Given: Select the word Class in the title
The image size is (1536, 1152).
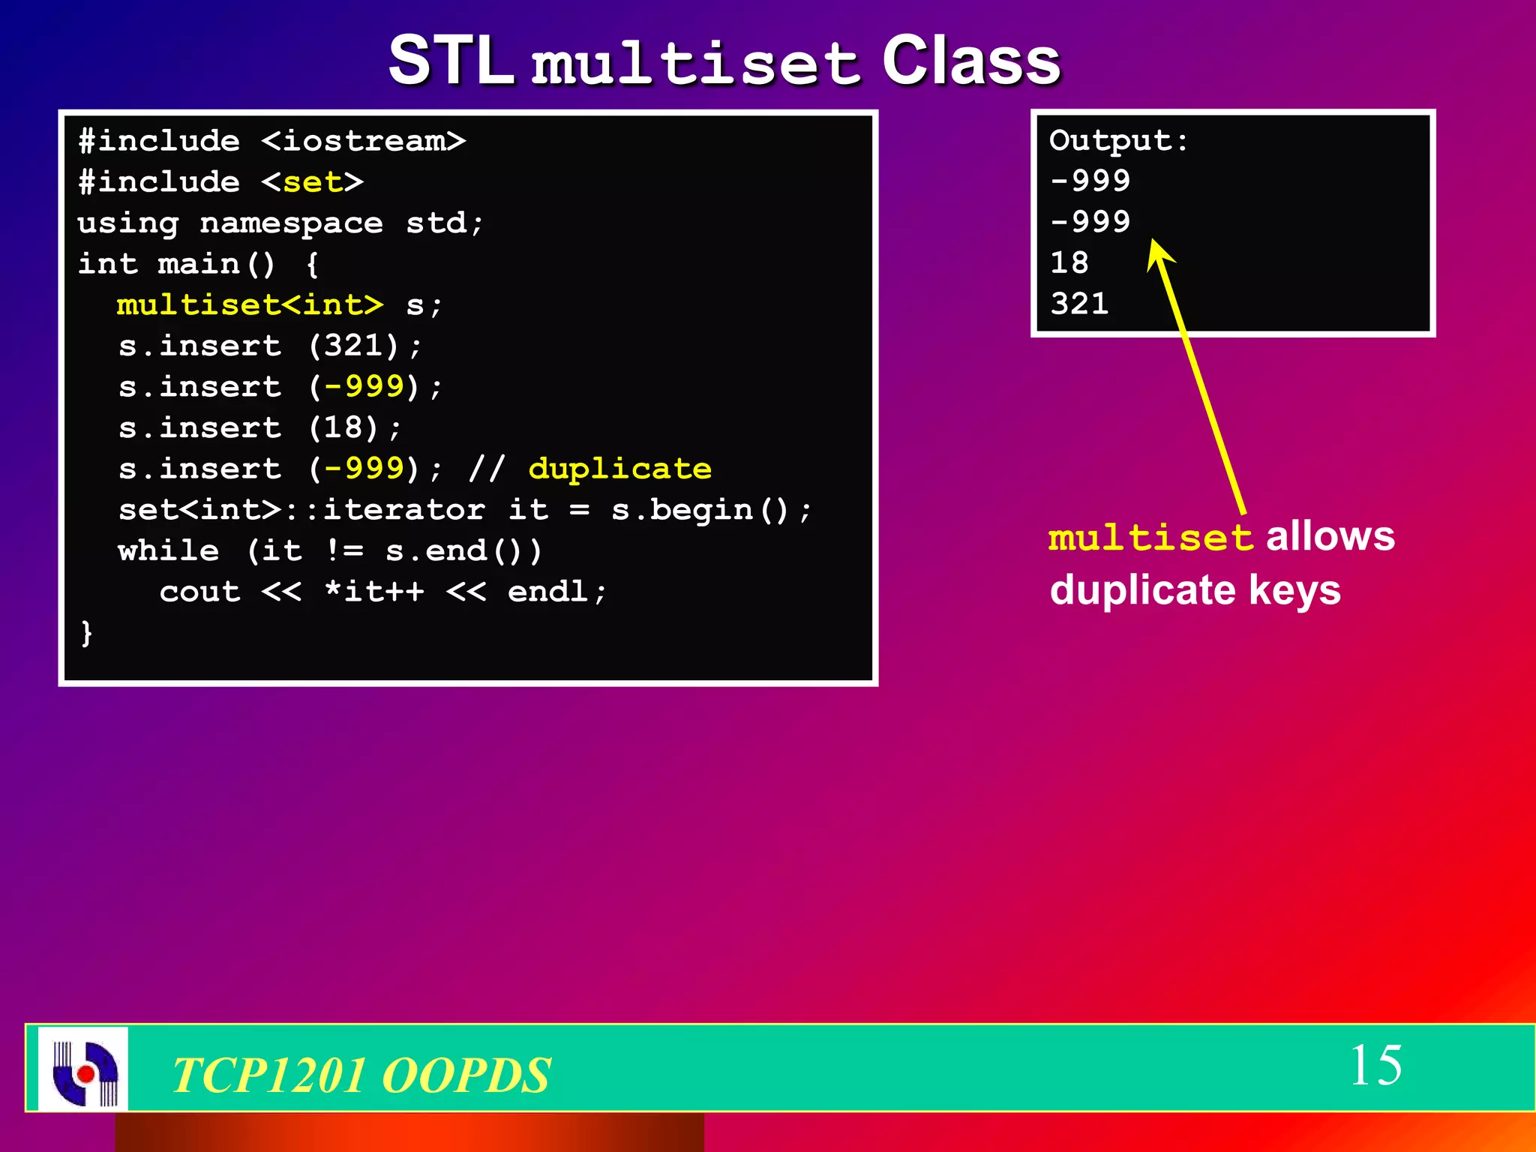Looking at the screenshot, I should coord(970,61).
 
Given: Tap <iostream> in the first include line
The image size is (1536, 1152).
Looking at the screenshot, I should coord(364,141).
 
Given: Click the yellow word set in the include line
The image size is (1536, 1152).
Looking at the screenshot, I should coord(313,182).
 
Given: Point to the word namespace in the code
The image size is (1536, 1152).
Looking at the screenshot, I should coord(291,223).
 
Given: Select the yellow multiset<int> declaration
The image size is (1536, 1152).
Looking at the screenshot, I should coord(250,305).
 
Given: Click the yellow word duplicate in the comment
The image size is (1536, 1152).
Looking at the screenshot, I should coord(619,469).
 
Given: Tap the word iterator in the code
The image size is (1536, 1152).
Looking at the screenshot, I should coord(403,510).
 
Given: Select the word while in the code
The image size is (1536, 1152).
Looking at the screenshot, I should coord(169,551).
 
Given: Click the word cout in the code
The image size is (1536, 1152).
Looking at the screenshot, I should coord(199,592).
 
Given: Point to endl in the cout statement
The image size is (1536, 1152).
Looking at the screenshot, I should coord(547,592).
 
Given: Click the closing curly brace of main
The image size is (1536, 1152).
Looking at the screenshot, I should coord(87,632).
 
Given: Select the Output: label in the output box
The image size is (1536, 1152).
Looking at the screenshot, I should coord(1118,141).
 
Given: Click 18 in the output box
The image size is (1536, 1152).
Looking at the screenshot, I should coord(1069,263).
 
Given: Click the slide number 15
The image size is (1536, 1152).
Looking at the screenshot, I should coord(1375,1065).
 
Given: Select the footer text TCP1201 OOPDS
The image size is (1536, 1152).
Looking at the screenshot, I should coord(361,1074).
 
